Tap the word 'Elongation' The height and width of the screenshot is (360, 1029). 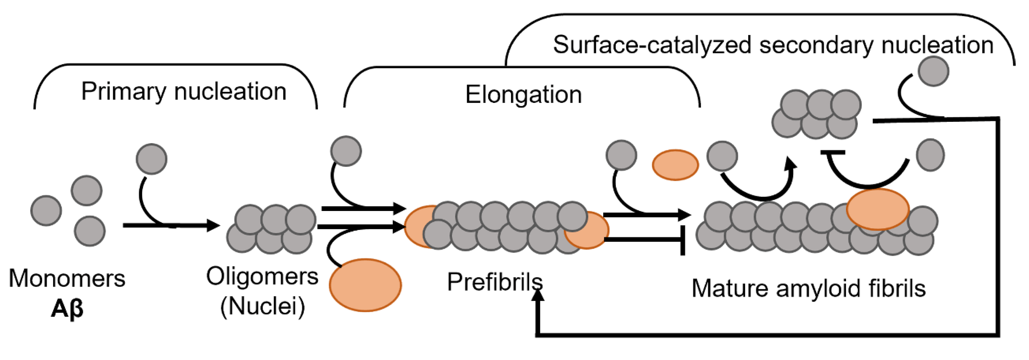click(523, 95)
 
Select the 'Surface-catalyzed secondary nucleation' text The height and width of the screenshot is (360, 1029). click(773, 45)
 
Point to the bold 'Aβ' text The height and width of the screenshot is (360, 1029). click(67, 309)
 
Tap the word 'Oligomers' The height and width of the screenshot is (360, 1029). click(262, 276)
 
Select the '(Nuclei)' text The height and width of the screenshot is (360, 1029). click(262, 306)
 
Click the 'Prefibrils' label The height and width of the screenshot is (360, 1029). click(495, 282)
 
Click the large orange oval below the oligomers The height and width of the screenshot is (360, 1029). click(365, 285)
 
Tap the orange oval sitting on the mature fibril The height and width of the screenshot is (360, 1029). click(878, 209)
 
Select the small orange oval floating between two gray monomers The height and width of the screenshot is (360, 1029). click(675, 165)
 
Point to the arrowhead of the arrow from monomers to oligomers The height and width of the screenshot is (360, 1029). click(214, 225)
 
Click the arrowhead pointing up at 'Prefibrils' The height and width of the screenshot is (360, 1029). click(538, 295)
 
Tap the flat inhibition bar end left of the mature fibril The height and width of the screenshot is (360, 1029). click(683, 240)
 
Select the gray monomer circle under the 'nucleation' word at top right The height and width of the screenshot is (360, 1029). click(933, 71)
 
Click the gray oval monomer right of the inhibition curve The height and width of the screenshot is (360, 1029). click(930, 155)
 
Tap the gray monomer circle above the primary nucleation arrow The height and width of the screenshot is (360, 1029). click(151, 159)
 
